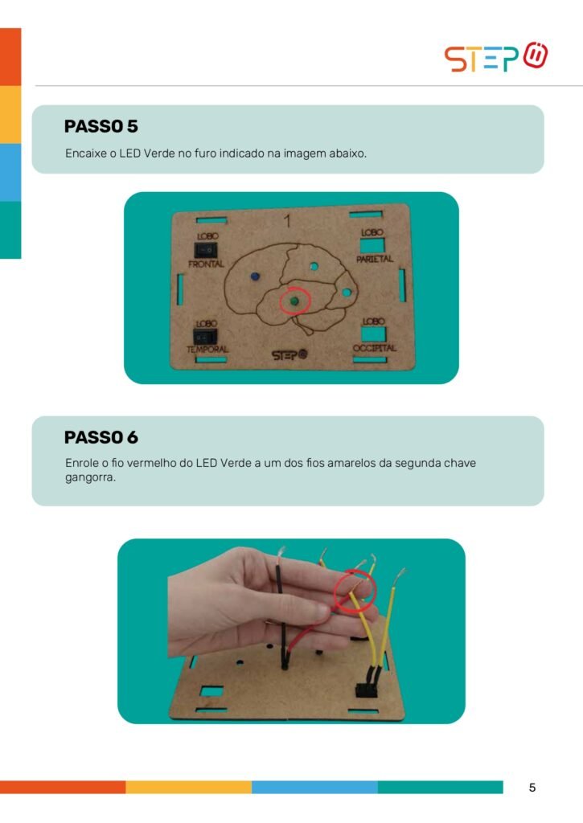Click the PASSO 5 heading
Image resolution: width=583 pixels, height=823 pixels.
[101, 126]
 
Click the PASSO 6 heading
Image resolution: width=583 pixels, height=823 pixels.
[101, 437]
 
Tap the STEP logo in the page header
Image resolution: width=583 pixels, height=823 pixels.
[496, 57]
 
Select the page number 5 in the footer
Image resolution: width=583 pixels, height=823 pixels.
[532, 788]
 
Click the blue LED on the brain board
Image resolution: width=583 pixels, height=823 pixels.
[255, 276]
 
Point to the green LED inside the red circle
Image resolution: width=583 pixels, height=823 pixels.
[294, 301]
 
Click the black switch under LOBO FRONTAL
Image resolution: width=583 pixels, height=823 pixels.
[205, 250]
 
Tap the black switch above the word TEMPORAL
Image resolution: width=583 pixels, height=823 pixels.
[205, 337]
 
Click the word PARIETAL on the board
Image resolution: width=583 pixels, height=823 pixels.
[375, 259]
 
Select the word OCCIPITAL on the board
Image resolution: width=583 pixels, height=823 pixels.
[375, 348]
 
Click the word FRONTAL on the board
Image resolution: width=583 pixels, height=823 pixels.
[206, 264]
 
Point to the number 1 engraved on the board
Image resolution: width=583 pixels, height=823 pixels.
[287, 221]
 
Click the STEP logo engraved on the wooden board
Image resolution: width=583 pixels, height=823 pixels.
[289, 355]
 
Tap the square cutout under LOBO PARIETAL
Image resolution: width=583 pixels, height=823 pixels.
[372, 245]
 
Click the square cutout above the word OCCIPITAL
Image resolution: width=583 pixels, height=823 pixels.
[373, 334]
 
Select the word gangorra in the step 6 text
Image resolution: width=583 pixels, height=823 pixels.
[90, 478]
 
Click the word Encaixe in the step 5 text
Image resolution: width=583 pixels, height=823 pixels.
[85, 154]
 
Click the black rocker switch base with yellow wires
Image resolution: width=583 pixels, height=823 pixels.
[366, 690]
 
